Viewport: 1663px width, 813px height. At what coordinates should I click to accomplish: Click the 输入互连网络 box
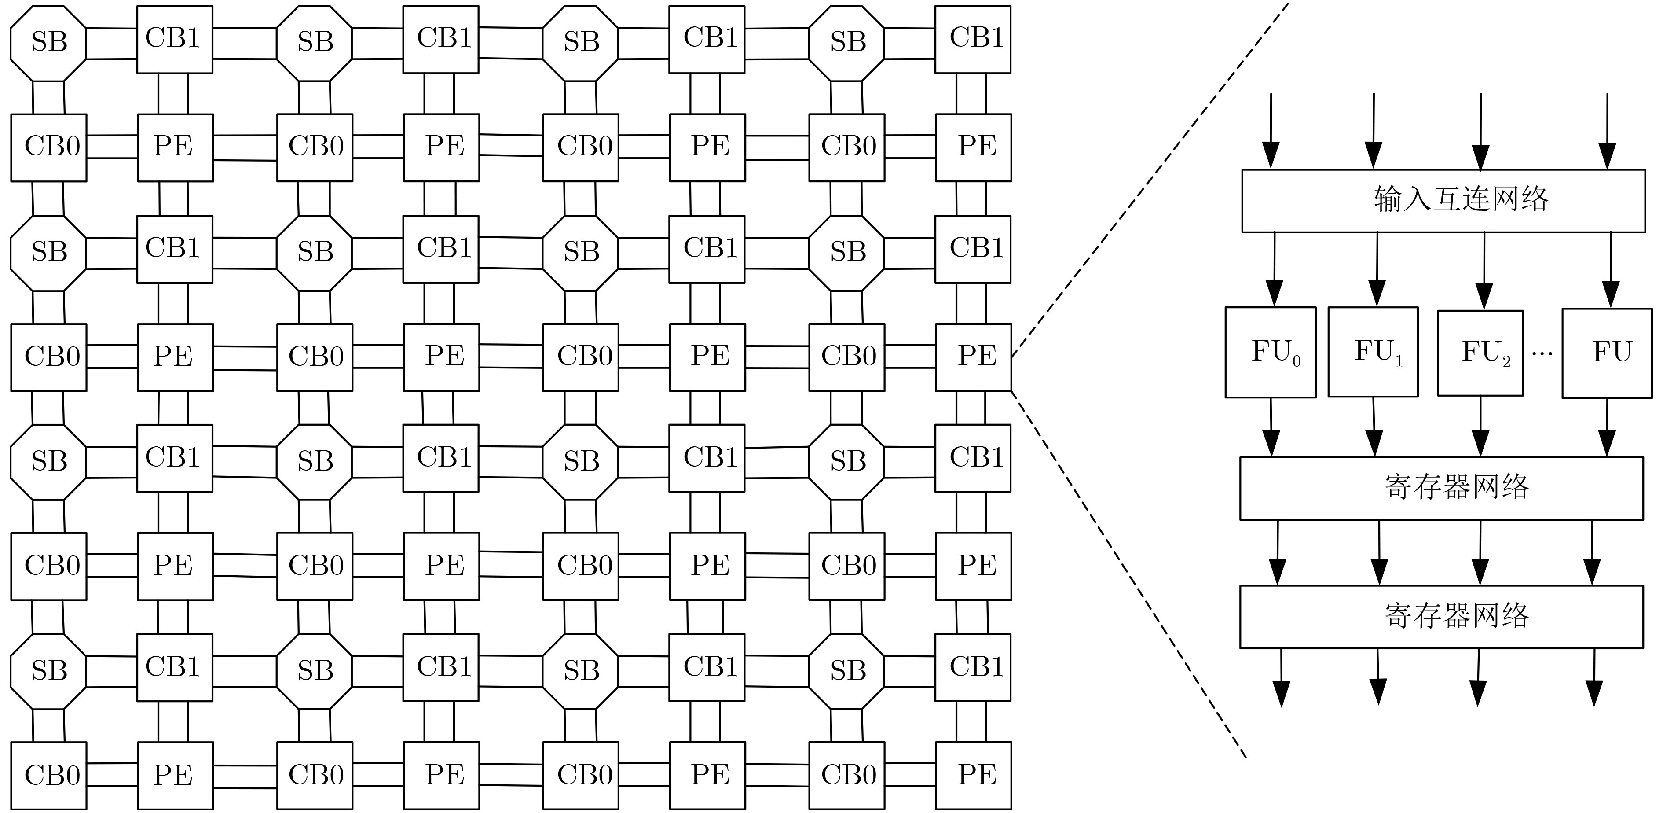point(1443,201)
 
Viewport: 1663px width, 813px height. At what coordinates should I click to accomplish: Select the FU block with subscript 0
point(1270,352)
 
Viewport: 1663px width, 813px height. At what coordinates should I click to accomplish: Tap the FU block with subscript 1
point(1373,352)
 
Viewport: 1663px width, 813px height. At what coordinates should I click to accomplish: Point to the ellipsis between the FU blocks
point(1542,353)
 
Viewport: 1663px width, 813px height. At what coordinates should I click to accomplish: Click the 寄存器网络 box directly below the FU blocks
point(1441,488)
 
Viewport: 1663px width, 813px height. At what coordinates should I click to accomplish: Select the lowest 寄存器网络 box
point(1441,617)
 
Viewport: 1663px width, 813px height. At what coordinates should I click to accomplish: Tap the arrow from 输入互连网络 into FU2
point(1484,271)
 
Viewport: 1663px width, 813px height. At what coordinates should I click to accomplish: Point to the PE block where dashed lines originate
point(973,357)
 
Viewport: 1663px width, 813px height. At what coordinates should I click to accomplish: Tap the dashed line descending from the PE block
point(1130,575)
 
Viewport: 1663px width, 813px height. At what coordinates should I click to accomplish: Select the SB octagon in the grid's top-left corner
point(48,43)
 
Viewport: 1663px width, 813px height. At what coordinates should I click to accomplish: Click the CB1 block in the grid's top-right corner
point(973,39)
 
